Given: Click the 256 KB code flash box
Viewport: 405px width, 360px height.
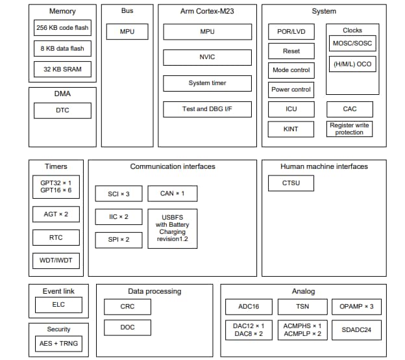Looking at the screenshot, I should point(62,28).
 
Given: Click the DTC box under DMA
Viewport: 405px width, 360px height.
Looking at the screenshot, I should point(62,110).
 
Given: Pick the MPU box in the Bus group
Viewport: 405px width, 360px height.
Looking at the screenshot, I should point(127,31).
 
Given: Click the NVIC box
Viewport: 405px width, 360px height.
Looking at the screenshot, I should point(207,57).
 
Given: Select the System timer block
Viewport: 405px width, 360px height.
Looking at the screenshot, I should point(207,83).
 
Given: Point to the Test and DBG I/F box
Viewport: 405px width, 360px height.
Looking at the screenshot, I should point(207,109).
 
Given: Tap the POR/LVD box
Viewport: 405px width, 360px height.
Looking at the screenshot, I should point(291,32).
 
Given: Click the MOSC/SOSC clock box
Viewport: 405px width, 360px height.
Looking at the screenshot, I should point(352,44).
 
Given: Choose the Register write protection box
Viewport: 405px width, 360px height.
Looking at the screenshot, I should point(349,129).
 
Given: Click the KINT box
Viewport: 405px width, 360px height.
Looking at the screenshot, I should point(291,129).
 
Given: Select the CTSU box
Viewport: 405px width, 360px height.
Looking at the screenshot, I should point(291,184).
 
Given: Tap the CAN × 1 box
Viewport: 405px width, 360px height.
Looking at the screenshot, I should point(172,194).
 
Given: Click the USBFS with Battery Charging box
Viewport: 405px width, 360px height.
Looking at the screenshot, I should point(172,228).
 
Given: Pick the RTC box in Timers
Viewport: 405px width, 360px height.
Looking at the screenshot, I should point(56,238).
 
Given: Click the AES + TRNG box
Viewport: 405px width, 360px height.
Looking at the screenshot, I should point(58,343).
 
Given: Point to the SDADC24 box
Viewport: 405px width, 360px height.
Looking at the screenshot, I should point(356,330).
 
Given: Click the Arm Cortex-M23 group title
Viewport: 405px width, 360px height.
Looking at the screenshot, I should point(207,12).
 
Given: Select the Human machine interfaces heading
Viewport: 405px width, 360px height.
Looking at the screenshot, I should point(324,166).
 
